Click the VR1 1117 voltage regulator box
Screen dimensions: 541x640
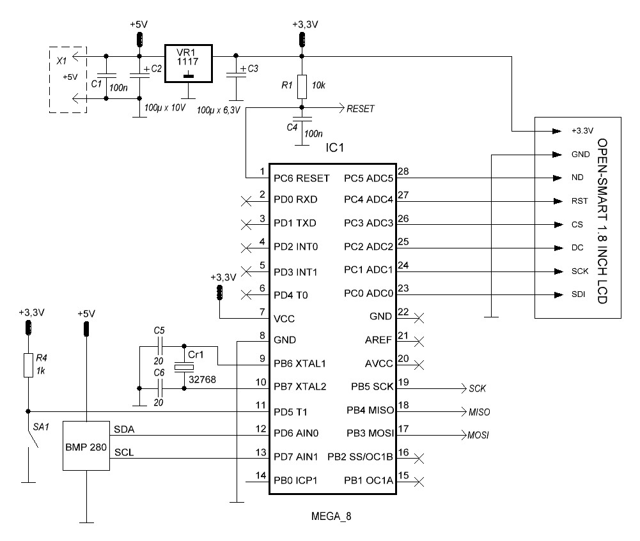[188, 63]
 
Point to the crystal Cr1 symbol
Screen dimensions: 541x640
[183, 366]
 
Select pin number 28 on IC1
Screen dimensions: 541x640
[403, 171]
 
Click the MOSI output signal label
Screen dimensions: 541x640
[479, 436]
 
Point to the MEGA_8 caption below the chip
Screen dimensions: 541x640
[331, 516]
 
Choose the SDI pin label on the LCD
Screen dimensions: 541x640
[578, 294]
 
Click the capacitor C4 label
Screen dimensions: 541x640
[292, 128]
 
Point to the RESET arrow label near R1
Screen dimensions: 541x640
[360, 109]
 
